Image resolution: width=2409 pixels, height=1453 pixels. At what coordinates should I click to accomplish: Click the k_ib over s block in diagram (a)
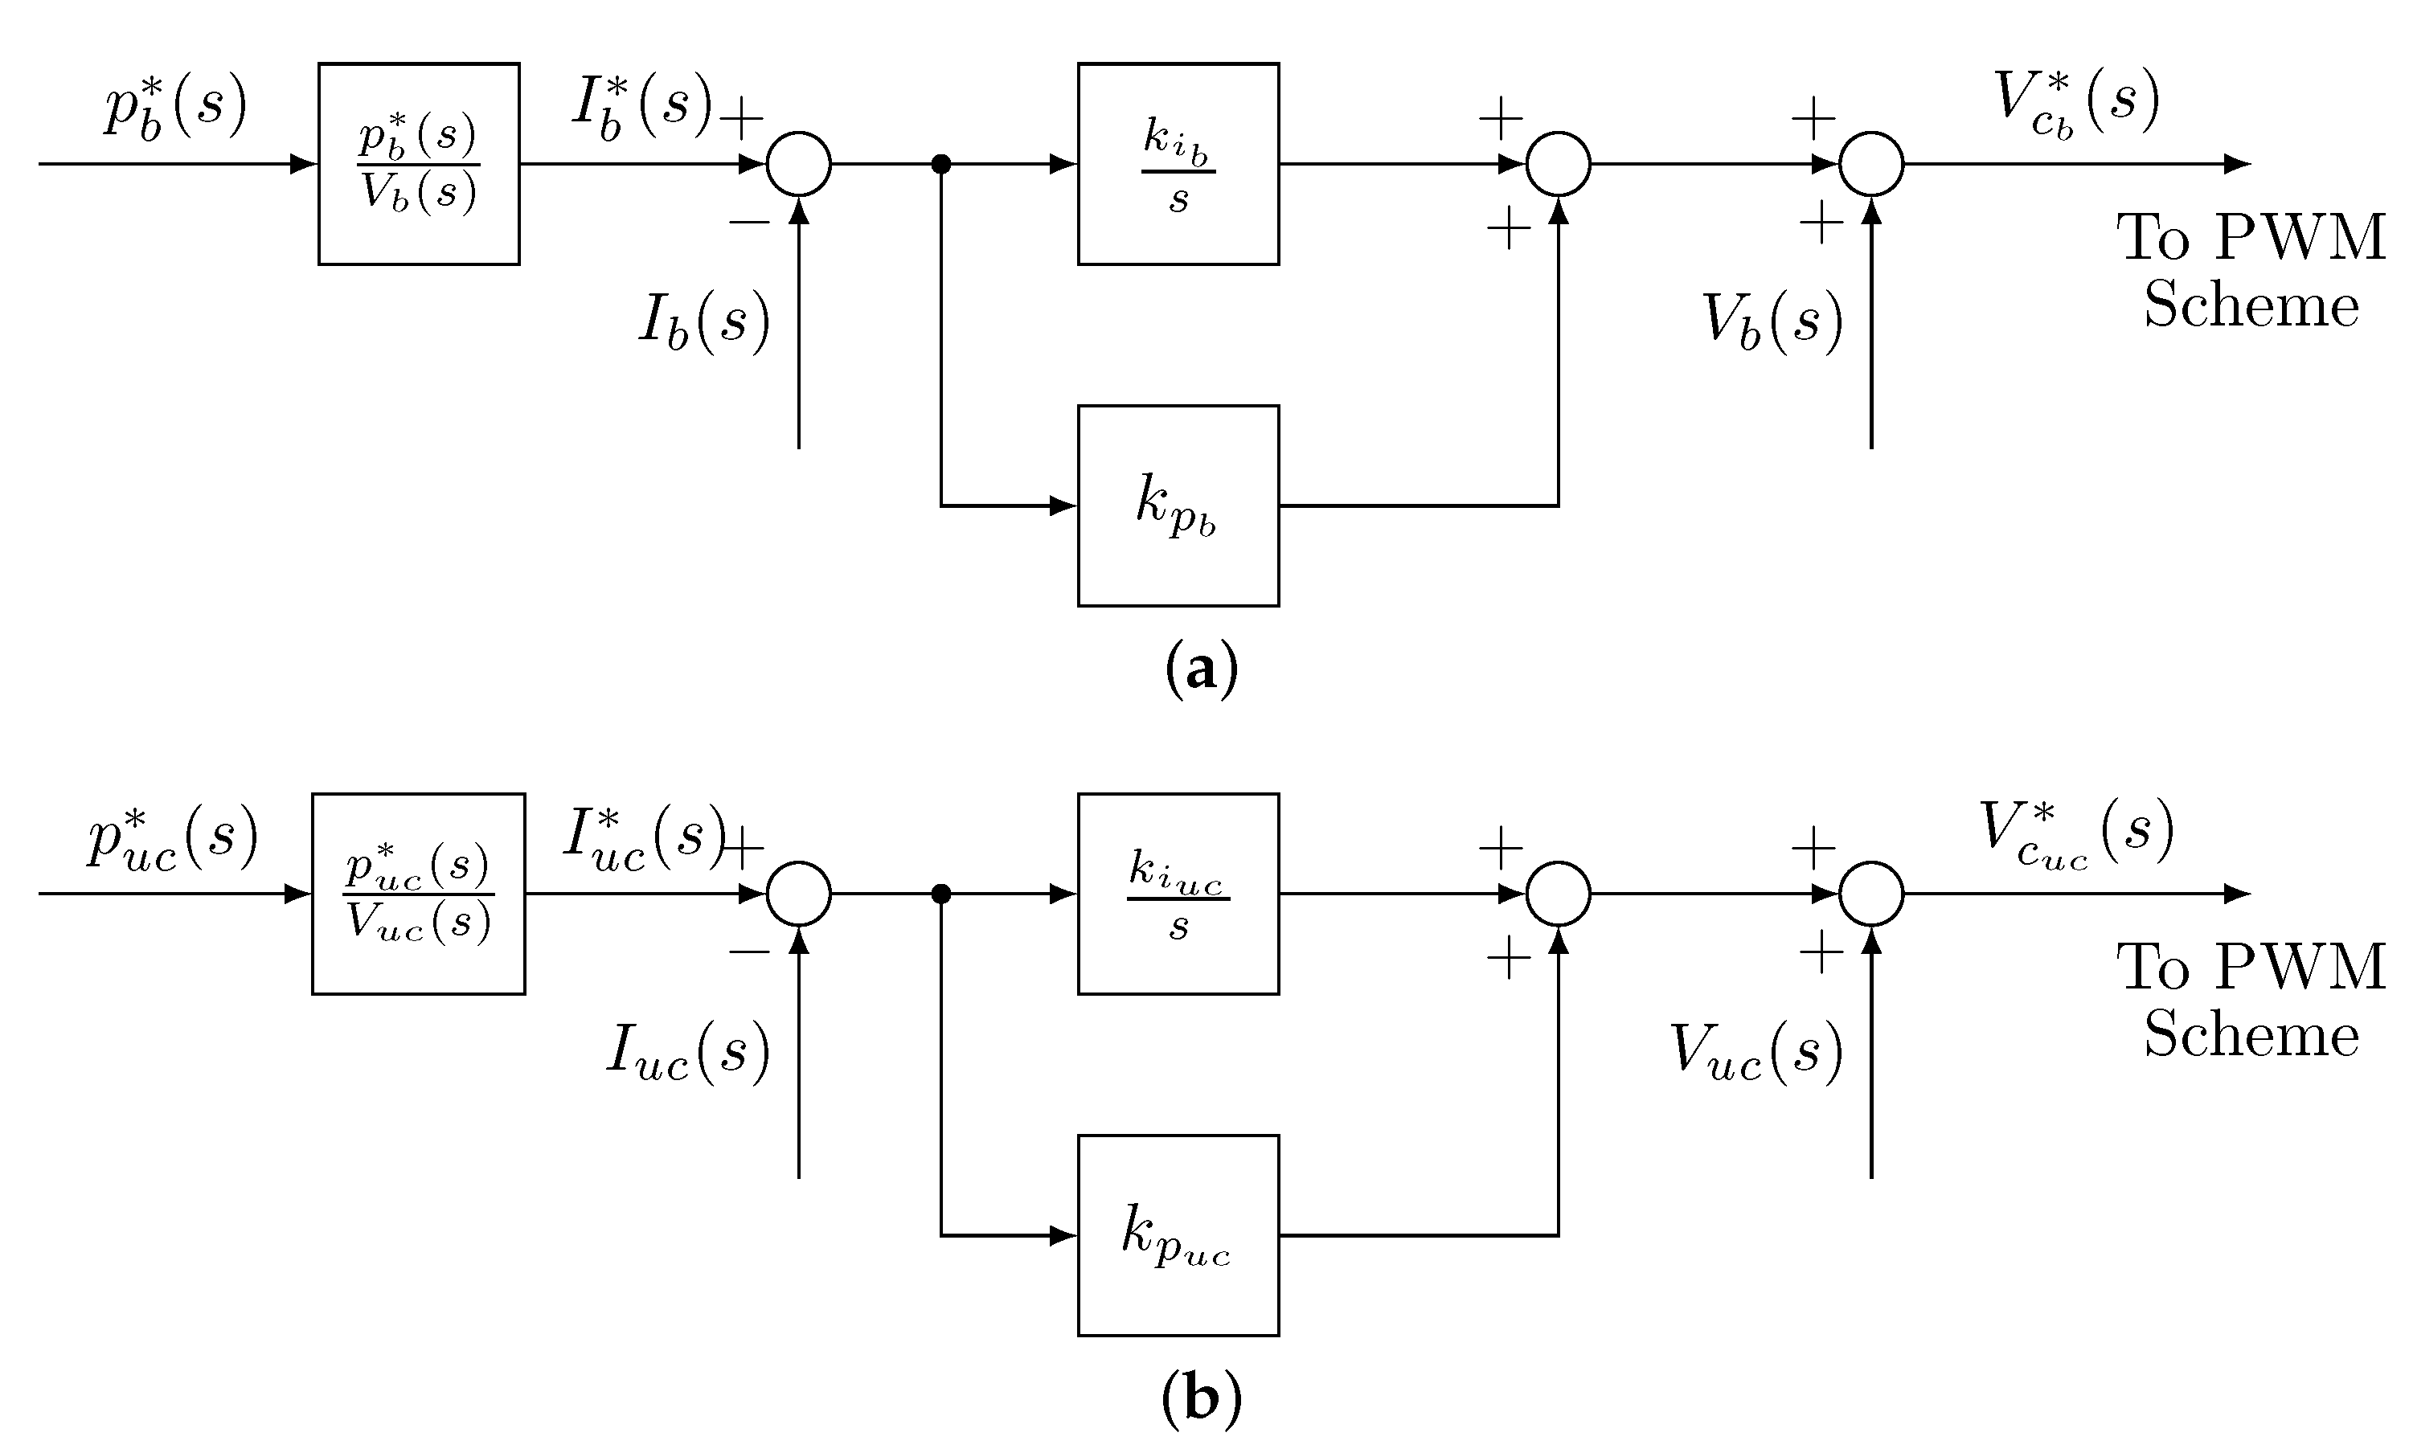pyautogui.click(x=1178, y=164)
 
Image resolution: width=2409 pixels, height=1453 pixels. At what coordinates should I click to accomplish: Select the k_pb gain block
pyautogui.click(x=1178, y=505)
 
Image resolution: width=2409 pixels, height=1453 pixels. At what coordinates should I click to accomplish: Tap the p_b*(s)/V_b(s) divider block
pyautogui.click(x=419, y=164)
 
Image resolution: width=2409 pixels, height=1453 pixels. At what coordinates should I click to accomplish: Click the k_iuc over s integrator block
pyautogui.click(x=1178, y=894)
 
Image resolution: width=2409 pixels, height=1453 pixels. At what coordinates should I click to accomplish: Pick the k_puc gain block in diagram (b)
pyautogui.click(x=1178, y=1235)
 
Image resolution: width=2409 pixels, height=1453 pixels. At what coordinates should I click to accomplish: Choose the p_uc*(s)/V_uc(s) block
pyautogui.click(x=419, y=894)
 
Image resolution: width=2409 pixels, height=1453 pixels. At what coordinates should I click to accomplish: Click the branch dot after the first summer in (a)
pyautogui.click(x=940, y=164)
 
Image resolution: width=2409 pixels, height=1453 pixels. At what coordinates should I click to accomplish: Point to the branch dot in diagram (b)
pyautogui.click(x=940, y=894)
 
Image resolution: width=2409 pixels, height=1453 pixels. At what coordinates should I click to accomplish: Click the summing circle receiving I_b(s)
pyautogui.click(x=799, y=164)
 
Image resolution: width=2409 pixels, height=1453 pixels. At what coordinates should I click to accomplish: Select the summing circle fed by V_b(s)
pyautogui.click(x=1871, y=164)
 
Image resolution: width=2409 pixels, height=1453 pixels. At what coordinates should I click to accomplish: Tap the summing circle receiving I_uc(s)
pyautogui.click(x=799, y=894)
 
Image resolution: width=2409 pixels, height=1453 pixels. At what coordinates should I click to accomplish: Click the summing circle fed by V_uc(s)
pyautogui.click(x=1871, y=894)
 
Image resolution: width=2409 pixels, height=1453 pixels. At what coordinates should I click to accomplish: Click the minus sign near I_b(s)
pyautogui.click(x=749, y=223)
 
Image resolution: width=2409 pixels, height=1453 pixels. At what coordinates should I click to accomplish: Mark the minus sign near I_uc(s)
pyautogui.click(x=749, y=952)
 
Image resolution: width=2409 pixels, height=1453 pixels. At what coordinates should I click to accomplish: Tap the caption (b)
pyautogui.click(x=1202, y=1399)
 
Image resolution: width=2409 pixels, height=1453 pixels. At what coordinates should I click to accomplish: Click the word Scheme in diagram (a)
pyautogui.click(x=2251, y=305)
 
